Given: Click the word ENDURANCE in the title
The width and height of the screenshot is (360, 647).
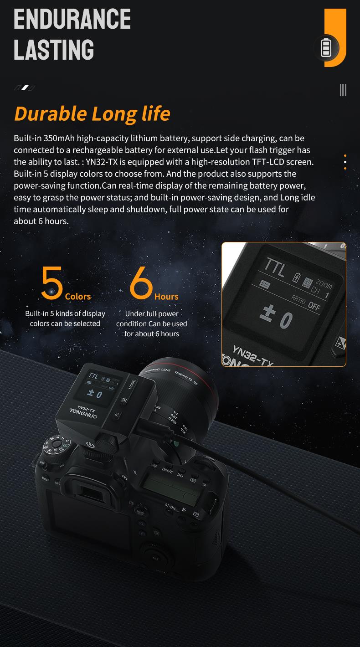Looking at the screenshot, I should (72, 19).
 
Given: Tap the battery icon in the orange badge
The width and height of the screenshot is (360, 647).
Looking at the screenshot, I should (326, 48).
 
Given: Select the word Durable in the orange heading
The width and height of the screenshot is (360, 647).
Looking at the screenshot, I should (50, 113).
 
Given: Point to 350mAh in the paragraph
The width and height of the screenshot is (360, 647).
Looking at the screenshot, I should (59, 138).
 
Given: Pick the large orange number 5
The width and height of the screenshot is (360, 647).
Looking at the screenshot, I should (52, 283).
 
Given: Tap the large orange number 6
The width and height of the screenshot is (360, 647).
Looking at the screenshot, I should (141, 283).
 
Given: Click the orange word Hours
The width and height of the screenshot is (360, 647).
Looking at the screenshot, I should (166, 297).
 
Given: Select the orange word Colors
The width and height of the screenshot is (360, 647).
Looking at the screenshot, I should (78, 297).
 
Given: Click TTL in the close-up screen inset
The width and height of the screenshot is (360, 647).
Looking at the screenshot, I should (275, 267).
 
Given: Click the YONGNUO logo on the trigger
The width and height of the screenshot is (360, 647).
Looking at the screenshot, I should (83, 413).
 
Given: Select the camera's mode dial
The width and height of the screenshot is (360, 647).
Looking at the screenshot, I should (55, 444).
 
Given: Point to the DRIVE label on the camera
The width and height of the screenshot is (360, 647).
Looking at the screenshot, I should (167, 471).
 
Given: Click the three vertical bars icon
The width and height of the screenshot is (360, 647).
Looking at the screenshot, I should (343, 90).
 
